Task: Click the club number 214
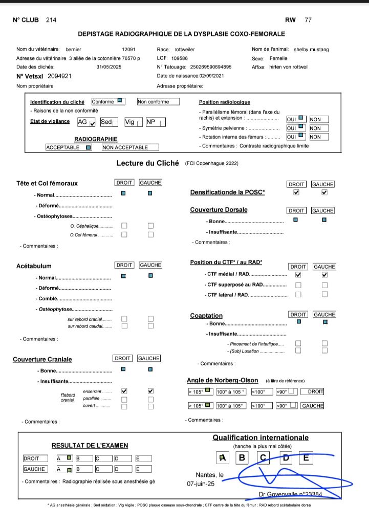click(51, 20)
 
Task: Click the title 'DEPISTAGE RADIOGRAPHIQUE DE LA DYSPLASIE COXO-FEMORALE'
click(181, 34)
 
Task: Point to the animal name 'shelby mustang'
click(311, 50)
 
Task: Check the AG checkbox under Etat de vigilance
click(92, 123)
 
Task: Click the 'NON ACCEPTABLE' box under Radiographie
click(130, 147)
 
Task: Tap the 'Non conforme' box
click(158, 102)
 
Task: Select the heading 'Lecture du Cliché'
click(147, 164)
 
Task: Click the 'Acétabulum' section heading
click(34, 266)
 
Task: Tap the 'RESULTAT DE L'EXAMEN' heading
click(90, 446)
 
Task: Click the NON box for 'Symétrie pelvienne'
click(318, 128)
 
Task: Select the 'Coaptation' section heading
click(206, 316)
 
